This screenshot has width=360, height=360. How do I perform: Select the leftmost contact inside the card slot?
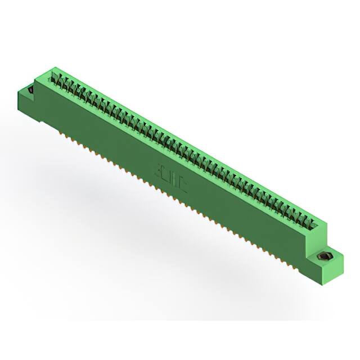pyautogui.click(x=57, y=77)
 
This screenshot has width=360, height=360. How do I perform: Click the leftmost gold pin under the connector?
pyautogui.click(x=58, y=131)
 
